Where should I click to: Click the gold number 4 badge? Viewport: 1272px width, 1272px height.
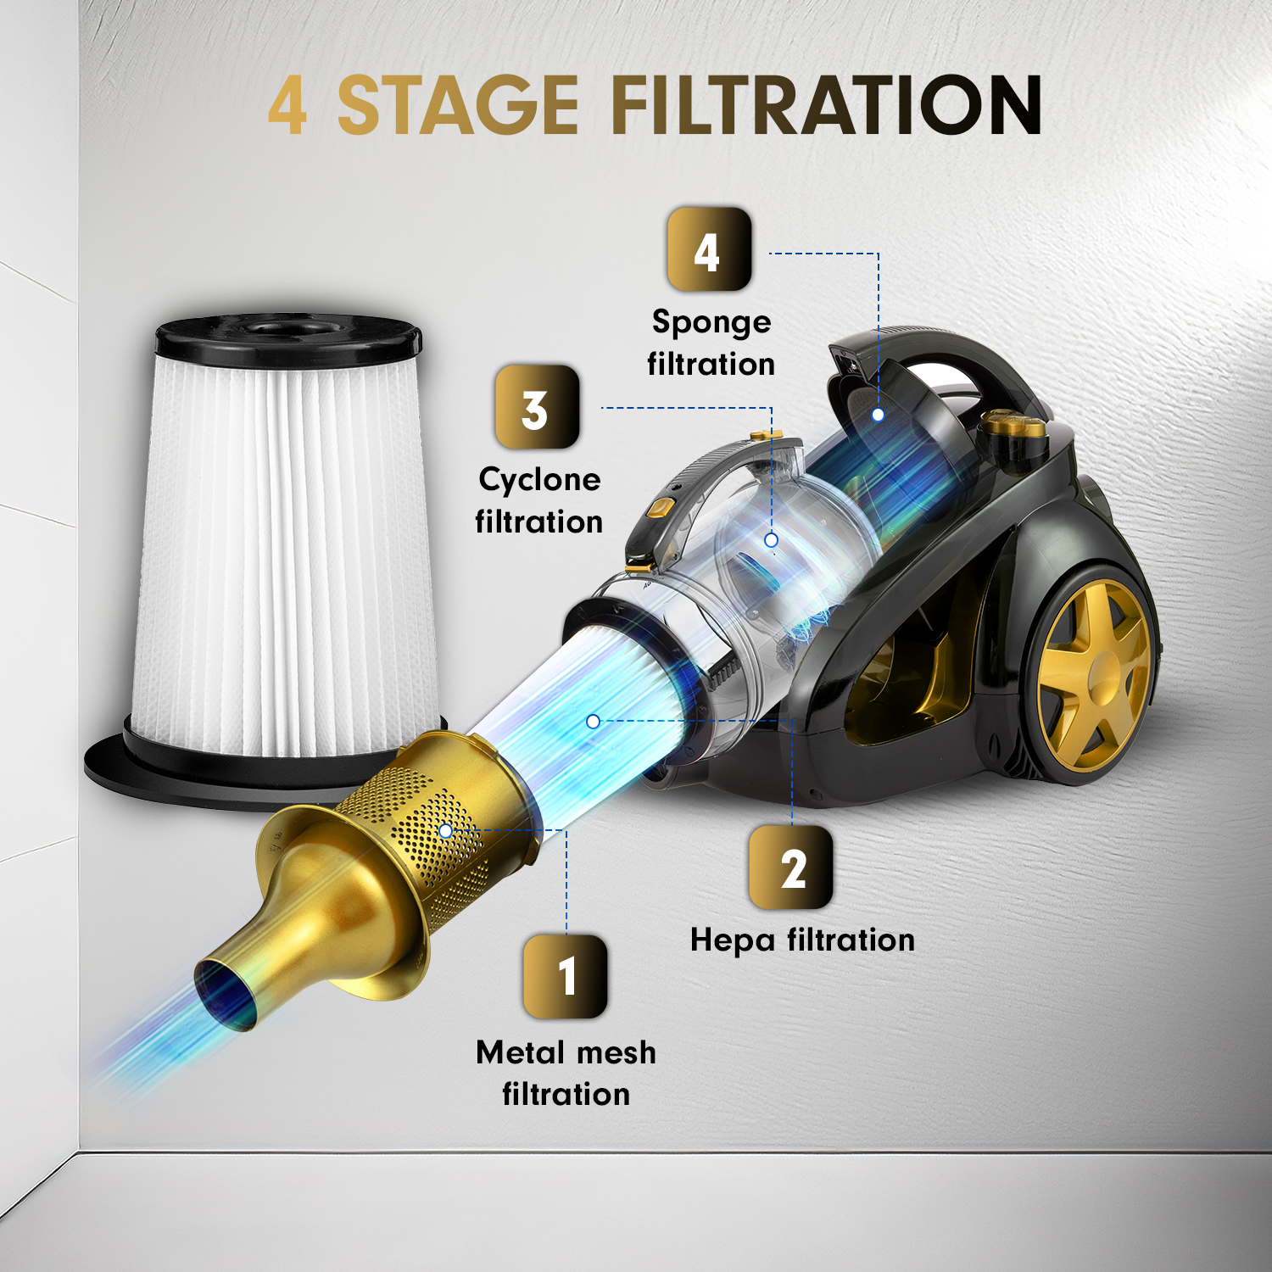tap(709, 249)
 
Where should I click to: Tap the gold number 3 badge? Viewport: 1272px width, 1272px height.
tap(537, 407)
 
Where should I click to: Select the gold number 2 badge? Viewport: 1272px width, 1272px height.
tap(791, 868)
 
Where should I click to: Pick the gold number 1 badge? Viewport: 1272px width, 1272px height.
tap(566, 976)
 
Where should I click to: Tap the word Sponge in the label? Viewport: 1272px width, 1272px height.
tap(711, 323)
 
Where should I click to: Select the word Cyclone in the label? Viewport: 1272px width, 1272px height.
tap(539, 481)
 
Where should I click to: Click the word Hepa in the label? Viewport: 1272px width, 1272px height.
tap(733, 941)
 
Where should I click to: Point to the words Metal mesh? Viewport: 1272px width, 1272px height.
tap(566, 1052)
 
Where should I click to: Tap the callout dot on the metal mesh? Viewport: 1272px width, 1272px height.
tap(445, 831)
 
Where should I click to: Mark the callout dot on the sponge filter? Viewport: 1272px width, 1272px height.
tap(879, 415)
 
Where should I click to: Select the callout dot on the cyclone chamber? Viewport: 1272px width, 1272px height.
tap(771, 540)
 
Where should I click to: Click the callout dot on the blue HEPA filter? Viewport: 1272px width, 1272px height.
tap(594, 722)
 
